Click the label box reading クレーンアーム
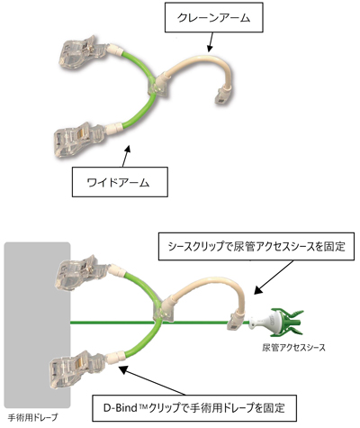(214, 18)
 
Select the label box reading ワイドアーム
(120, 182)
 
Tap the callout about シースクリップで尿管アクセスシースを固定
(256, 246)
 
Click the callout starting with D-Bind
(194, 408)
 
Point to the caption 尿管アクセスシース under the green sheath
(293, 348)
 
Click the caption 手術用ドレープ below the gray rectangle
(33, 417)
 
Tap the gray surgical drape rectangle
(37, 325)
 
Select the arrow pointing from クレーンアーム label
(211, 42)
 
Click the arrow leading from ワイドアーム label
(126, 156)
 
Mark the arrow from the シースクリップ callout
(274, 277)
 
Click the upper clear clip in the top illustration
(83, 53)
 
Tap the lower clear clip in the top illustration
(79, 141)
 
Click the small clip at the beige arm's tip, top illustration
(220, 96)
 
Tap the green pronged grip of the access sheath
(288, 323)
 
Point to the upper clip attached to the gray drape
(81, 274)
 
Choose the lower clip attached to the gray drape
(76, 369)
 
